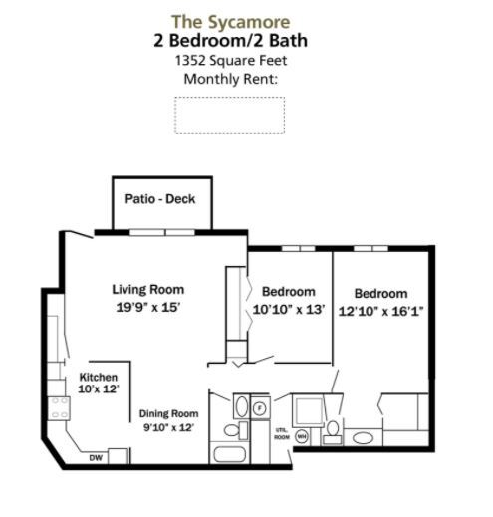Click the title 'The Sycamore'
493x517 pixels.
tap(229, 20)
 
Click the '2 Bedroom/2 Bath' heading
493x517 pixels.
tap(229, 40)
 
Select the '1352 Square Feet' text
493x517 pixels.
tap(229, 60)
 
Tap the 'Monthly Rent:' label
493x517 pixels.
tap(229, 79)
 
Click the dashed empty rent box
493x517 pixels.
tap(229, 115)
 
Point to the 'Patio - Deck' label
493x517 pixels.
tap(159, 199)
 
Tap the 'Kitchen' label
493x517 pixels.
tap(99, 378)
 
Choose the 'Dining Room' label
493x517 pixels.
tap(166, 411)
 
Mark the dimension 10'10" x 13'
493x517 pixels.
tap(288, 309)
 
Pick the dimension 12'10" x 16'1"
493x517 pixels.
tap(381, 311)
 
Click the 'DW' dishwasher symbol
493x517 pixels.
tap(96, 458)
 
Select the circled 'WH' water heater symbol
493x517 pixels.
tap(301, 436)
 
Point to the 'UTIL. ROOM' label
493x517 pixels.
tap(281, 433)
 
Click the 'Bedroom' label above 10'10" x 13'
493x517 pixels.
tap(288, 292)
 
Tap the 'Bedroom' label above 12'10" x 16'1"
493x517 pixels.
tap(381, 294)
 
